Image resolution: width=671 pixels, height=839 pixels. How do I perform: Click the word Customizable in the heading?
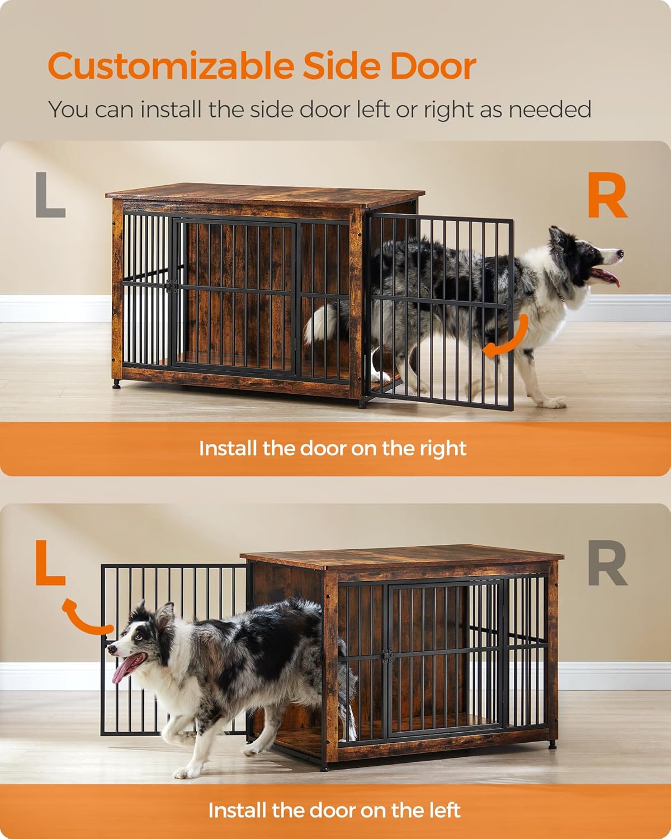click(171, 67)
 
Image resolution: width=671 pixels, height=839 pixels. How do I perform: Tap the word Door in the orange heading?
click(433, 67)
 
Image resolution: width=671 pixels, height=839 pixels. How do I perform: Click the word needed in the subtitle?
click(550, 109)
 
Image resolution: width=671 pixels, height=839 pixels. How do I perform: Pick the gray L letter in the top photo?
click(50, 195)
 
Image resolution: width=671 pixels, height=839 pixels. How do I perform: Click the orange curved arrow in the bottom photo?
click(83, 618)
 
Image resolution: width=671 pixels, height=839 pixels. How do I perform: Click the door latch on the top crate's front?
click(172, 286)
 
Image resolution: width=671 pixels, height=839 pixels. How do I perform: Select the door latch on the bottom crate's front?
click(388, 656)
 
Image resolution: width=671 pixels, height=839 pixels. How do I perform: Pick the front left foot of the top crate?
click(116, 385)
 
